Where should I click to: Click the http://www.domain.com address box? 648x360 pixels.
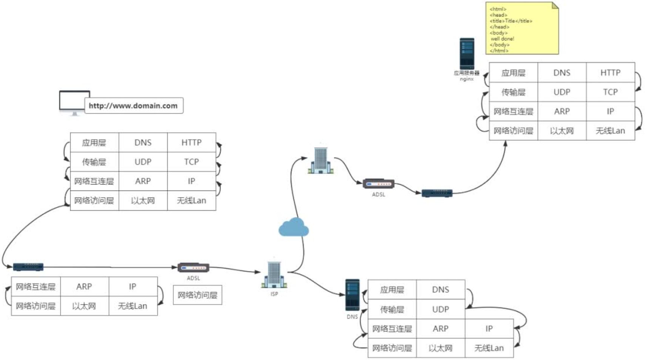[x=133, y=106]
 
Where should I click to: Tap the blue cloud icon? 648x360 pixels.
[x=293, y=227]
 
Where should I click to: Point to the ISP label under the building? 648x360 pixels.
[x=274, y=294]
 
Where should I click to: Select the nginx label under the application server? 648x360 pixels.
[x=467, y=79]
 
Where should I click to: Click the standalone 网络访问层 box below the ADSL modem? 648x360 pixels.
[x=197, y=295]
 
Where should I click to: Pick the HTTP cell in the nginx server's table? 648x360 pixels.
[x=610, y=73]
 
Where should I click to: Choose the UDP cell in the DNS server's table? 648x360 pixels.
[x=440, y=309]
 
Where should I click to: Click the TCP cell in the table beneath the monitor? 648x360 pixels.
[x=191, y=162]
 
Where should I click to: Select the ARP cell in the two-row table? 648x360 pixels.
[x=84, y=287]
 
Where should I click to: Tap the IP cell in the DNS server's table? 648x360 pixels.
[x=489, y=329]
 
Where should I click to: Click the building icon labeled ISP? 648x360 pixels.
[x=274, y=275]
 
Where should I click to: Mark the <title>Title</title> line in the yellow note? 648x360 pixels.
[x=511, y=21]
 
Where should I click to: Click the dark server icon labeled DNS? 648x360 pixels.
[x=352, y=295]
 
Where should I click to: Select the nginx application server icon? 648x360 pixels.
[x=467, y=54]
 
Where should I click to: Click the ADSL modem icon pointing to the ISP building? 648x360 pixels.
[x=193, y=268]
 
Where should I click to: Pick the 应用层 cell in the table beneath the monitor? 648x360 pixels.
[x=94, y=143]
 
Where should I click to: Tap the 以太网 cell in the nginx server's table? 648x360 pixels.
[x=562, y=131]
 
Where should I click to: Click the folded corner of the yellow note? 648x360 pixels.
[x=555, y=5]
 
